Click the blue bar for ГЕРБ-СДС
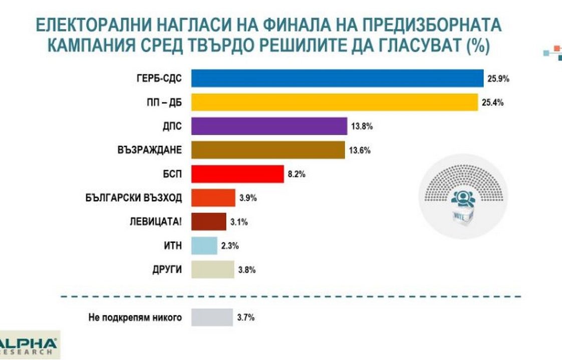[x=337, y=78]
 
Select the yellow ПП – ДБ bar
[x=335, y=102]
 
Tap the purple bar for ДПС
[x=269, y=126]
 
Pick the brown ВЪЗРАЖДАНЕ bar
[x=268, y=150]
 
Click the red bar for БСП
[x=237, y=174]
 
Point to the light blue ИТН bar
[x=204, y=246]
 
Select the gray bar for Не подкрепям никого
[x=212, y=317]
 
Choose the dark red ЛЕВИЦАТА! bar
[x=209, y=222]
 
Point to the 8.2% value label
[x=296, y=175]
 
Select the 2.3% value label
[x=230, y=246]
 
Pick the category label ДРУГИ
[x=166, y=270]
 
